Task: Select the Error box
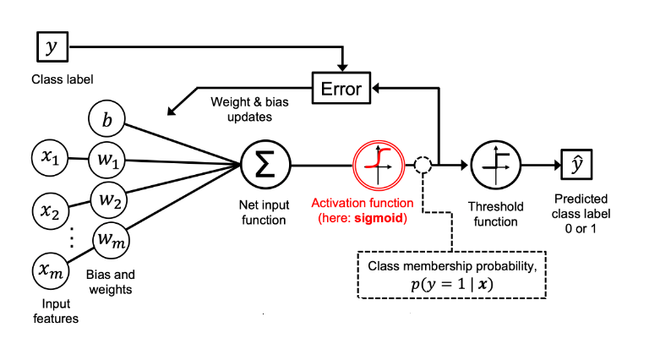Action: pyautogui.click(x=342, y=87)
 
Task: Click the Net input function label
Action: pyautogui.click(x=264, y=214)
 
